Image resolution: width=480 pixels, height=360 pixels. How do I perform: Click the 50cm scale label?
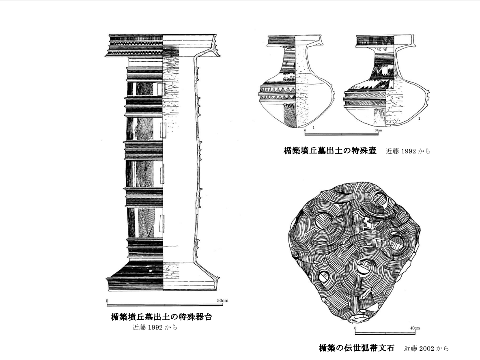pos(223,301)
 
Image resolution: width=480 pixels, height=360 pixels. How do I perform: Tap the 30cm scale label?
pos(377,130)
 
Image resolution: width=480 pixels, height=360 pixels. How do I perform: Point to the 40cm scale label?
pos(414,328)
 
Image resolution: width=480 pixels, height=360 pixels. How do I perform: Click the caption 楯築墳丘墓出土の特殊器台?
pos(161,317)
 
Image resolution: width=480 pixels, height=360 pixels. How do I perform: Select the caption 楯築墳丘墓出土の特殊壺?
pos(330,151)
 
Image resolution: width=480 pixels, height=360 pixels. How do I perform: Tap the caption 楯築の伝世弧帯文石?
pos(356,348)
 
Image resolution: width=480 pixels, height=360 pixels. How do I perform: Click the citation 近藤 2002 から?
pos(426,348)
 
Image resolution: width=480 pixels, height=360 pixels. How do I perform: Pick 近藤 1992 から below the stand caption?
pos(155,327)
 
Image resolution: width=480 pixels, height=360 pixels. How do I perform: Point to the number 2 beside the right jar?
pos(418,119)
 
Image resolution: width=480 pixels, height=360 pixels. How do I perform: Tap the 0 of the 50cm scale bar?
pos(107,301)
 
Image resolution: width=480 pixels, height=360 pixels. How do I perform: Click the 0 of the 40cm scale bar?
pos(355,328)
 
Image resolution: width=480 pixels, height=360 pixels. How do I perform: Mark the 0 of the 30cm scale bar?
pos(305,130)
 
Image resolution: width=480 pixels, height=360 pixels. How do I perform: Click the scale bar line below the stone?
pos(385,334)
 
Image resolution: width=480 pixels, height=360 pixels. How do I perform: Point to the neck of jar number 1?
pos(295,59)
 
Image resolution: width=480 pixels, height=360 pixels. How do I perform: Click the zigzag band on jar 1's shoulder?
pos(278,90)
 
